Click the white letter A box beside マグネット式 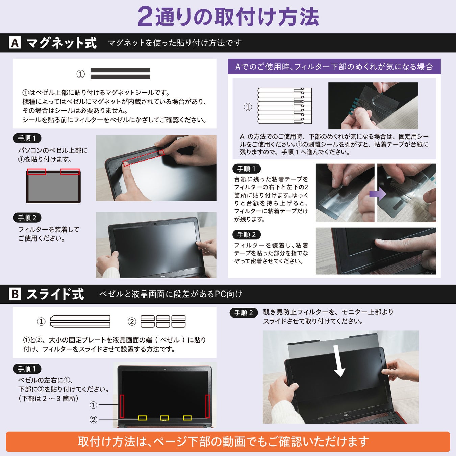pos(15,43)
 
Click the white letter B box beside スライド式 pos(15,294)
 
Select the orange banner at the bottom pos(228,441)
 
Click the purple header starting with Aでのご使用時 pos(334,67)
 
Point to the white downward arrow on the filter pos(339,361)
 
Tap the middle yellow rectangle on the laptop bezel pos(164,418)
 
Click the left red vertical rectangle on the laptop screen pos(122,406)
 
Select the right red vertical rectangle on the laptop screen pos(208,406)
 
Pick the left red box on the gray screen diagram pos(37,172)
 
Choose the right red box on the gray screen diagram pos(70,172)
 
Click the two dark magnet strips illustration pos(121,73)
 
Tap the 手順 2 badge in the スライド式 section pos(244,313)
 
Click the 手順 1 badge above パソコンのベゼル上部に pos(27,138)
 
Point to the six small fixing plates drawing pos(163,321)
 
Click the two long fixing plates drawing pos(80,321)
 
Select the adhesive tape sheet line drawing pos(285,106)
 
